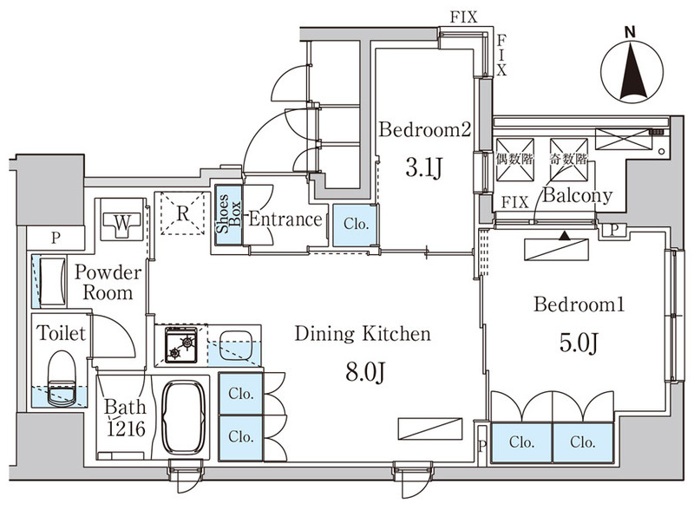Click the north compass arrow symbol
point(632,71)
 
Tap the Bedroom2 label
point(424,130)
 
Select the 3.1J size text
point(424,167)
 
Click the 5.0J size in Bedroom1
point(579,343)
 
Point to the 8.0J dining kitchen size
point(364,372)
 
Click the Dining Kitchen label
point(363,334)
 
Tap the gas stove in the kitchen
point(181,344)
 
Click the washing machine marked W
point(122,219)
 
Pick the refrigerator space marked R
point(183,213)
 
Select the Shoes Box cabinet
point(229,214)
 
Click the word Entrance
point(285,219)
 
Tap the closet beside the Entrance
point(355,225)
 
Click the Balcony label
point(578,195)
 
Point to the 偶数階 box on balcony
point(514,160)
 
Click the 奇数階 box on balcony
point(569,160)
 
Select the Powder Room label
point(108,283)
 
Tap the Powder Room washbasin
point(53,282)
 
